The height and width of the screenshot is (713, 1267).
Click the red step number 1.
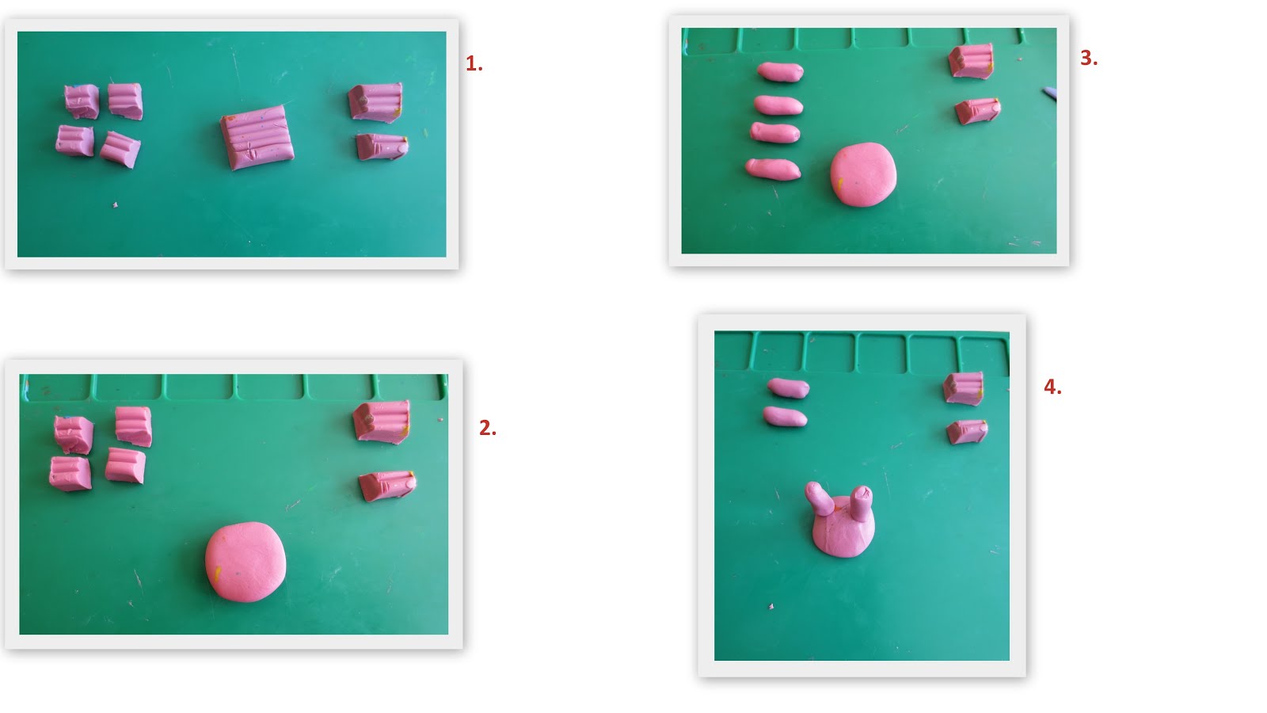[474, 64]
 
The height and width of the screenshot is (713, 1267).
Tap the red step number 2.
[488, 429]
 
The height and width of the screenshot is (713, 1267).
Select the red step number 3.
[1089, 58]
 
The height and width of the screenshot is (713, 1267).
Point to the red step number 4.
[1052, 387]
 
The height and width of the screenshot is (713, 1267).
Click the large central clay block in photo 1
[257, 137]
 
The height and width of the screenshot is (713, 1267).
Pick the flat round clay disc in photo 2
[245, 562]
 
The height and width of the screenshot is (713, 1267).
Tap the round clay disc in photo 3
[863, 174]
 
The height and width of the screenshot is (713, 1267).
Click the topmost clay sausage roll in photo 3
[781, 72]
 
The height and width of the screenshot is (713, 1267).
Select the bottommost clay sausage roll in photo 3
[773, 170]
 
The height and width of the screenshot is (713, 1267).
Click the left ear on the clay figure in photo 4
[819, 498]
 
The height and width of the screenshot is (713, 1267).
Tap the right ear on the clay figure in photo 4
[861, 502]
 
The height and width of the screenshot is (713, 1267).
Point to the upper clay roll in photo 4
[788, 388]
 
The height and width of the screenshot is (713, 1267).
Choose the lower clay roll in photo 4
[785, 417]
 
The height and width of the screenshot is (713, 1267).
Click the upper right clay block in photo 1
[375, 102]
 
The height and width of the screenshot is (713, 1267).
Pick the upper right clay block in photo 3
[971, 60]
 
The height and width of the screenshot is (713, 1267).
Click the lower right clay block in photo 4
[967, 433]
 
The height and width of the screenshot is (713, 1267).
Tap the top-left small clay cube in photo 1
[82, 101]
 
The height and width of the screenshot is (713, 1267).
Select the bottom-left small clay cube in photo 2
[70, 474]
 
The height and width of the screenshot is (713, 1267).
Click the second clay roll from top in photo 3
[778, 106]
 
